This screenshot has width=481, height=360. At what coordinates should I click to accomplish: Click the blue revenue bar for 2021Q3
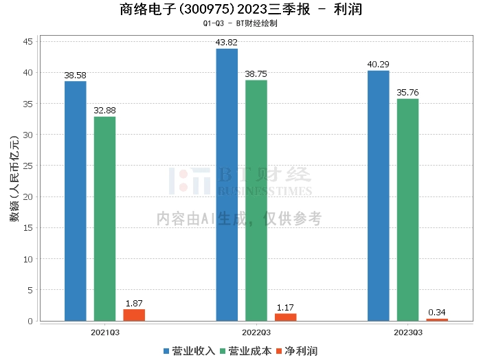pyautogui.click(x=76, y=201)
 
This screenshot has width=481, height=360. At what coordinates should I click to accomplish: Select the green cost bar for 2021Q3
pyautogui.click(x=104, y=219)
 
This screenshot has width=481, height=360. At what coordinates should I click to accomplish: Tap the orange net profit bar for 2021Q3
pyautogui.click(x=134, y=315)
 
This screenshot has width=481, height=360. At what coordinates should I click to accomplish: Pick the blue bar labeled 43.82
pyautogui.click(x=227, y=185)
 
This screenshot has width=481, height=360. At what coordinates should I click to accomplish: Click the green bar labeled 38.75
pyautogui.click(x=256, y=201)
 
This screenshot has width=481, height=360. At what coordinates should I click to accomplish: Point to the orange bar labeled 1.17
pyautogui.click(x=286, y=317)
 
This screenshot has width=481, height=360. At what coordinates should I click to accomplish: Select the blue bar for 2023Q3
pyautogui.click(x=378, y=196)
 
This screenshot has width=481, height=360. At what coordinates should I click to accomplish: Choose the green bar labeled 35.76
pyautogui.click(x=407, y=210)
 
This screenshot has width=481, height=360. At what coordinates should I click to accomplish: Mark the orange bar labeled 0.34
pyautogui.click(x=437, y=320)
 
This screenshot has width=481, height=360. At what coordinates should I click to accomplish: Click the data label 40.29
pyautogui.click(x=378, y=65)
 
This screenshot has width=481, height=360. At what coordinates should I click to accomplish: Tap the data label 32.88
pyautogui.click(x=104, y=111)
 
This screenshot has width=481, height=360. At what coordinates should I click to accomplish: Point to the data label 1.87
pyautogui.click(x=134, y=304)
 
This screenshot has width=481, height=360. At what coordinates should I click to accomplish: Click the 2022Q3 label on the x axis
pyautogui.click(x=256, y=333)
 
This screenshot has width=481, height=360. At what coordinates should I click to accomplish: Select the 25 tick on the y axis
pyautogui.click(x=28, y=166)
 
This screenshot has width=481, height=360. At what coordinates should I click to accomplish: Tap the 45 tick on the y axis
pyautogui.click(x=28, y=41)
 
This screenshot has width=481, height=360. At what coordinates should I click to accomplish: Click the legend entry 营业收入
pyautogui.click(x=189, y=351)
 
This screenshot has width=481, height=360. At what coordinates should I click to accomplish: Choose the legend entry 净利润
pyautogui.click(x=297, y=351)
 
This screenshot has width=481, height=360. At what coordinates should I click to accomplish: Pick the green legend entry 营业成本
pyautogui.click(x=246, y=351)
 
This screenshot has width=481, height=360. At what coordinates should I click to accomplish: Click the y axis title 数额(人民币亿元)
pyautogui.click(x=14, y=179)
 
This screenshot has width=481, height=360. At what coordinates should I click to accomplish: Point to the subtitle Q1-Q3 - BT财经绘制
pyautogui.click(x=240, y=23)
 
